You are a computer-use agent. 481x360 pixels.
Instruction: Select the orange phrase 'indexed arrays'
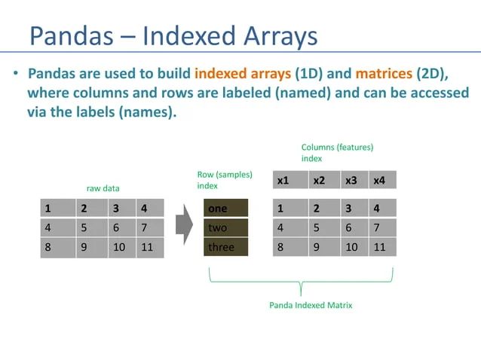click(242, 74)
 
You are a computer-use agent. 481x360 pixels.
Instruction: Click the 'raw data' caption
click(102, 188)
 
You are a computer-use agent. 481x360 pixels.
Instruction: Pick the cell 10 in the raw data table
click(121, 247)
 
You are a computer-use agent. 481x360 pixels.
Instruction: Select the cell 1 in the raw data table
click(57, 209)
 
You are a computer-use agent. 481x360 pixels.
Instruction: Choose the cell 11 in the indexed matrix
click(382, 247)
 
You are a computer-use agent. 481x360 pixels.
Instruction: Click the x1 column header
click(290, 181)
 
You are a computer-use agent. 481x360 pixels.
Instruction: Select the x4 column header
click(382, 181)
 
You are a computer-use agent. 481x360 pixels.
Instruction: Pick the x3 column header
click(352, 181)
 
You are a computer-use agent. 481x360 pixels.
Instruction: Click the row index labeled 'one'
click(226, 209)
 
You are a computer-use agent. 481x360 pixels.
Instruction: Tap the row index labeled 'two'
click(226, 227)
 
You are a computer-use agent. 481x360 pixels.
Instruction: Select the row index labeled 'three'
click(226, 247)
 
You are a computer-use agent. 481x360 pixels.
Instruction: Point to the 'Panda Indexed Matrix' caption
click(310, 305)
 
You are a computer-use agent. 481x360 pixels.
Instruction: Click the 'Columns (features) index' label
click(337, 153)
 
